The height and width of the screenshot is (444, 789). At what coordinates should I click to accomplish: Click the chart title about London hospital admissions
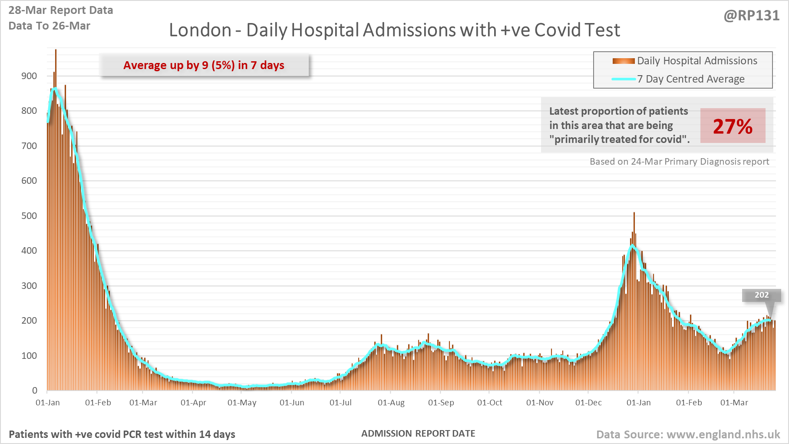coord(394,30)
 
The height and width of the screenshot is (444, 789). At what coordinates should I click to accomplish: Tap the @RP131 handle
coord(751,16)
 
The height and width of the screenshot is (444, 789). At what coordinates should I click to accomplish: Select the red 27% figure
coord(733,126)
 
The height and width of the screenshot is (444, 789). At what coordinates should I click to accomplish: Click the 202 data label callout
coord(762,295)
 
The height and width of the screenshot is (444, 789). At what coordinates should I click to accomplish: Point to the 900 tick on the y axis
coord(29,76)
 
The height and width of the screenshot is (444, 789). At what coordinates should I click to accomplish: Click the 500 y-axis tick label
coord(29,216)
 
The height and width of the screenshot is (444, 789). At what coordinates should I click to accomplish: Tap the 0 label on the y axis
coord(35,391)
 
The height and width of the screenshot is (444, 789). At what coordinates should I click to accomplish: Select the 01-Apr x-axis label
coord(193,403)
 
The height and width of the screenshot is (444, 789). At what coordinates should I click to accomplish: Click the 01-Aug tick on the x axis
coord(391,403)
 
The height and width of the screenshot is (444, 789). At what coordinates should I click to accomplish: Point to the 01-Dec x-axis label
coord(588,403)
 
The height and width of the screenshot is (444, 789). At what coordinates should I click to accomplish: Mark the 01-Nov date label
coord(540,403)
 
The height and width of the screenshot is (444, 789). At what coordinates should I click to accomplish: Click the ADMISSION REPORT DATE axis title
coord(418,434)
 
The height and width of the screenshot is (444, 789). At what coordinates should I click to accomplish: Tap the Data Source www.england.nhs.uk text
coord(688,434)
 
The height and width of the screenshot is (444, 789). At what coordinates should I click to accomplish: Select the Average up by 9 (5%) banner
coord(204,65)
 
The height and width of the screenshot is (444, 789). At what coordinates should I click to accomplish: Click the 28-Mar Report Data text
coord(61,10)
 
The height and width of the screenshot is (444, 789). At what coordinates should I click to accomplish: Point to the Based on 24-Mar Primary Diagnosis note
coord(679,162)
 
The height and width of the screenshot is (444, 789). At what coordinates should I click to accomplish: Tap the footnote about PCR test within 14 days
coord(122,434)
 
